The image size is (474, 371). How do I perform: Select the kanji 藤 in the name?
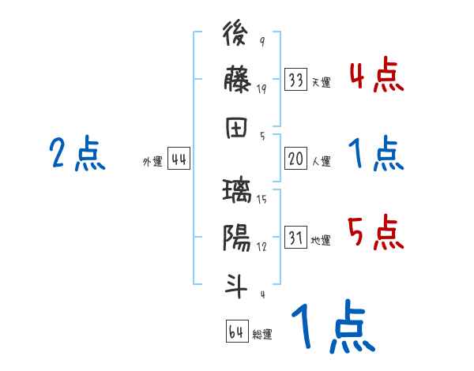pos(237,79)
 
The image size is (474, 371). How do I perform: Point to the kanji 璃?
pos(237,192)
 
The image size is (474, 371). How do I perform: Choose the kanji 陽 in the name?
pos(237,237)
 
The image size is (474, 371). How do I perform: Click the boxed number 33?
pos(296,80)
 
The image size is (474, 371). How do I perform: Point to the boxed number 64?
pos(236,332)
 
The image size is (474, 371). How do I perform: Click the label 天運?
pos(321,82)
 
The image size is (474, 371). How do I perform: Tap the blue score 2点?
pos(77,154)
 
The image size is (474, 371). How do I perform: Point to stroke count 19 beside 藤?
pos(261,89)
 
